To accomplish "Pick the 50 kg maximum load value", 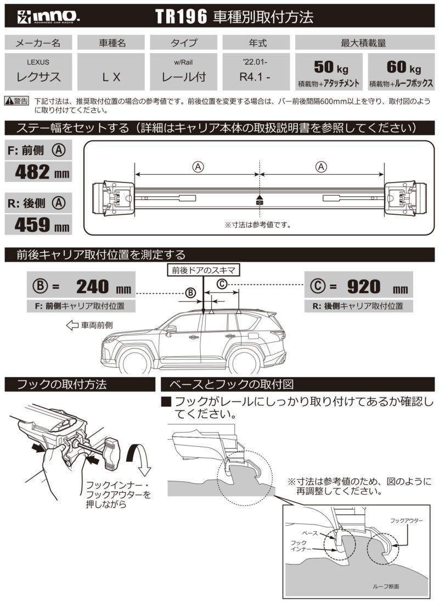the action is click(x=331, y=67).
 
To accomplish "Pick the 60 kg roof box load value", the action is click(x=403, y=67).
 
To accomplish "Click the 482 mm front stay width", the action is click(x=42, y=172).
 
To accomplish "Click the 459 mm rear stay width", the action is click(x=42, y=225).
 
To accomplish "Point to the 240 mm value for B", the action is click(x=104, y=287).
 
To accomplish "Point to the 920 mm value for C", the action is click(x=378, y=287).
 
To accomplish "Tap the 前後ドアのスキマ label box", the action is click(x=203, y=270).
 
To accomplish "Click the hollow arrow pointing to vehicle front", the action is click(x=72, y=325).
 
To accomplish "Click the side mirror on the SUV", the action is click(x=171, y=329).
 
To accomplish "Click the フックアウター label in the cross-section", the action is click(x=406, y=521).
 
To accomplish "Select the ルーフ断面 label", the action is click(x=386, y=587).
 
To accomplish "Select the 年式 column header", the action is click(x=257, y=43).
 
